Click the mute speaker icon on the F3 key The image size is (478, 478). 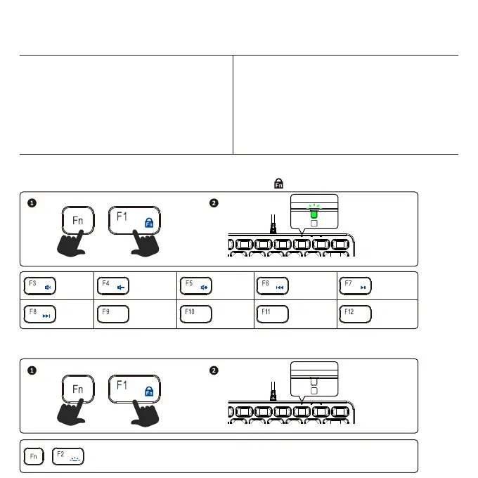pyautogui.click(x=48, y=288)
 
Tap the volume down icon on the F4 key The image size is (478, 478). pyautogui.click(x=121, y=288)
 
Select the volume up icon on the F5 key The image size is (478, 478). pyautogui.click(x=204, y=288)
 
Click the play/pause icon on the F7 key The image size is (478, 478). pyautogui.click(x=363, y=288)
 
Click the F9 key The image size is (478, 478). pyautogui.click(x=112, y=314)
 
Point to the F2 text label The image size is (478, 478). pyautogui.click(x=60, y=453)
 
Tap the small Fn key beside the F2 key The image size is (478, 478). pyautogui.click(x=33, y=456)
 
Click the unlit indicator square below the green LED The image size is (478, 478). pyautogui.click(x=314, y=223)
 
